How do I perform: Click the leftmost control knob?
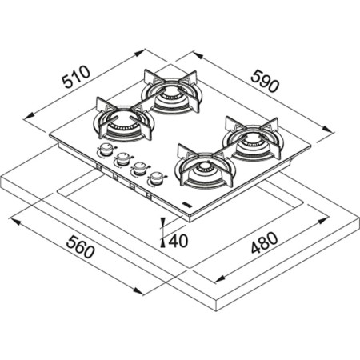click(105, 150)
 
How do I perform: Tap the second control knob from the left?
click(122, 158)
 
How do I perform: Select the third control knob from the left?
click(139, 168)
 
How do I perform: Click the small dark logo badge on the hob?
click(186, 206)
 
